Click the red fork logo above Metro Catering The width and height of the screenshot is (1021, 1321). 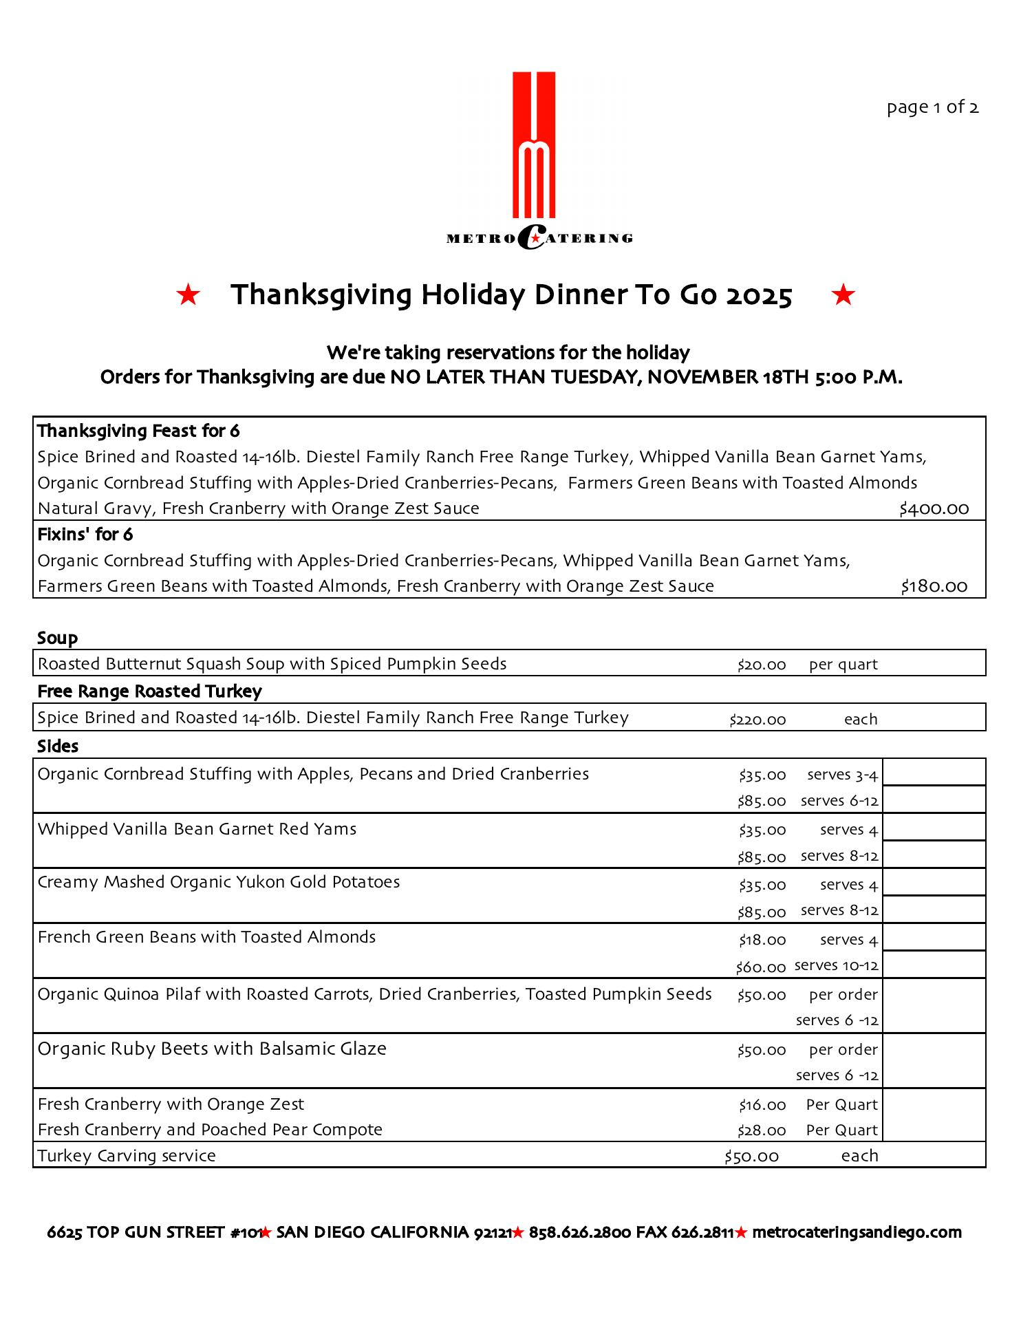(x=534, y=144)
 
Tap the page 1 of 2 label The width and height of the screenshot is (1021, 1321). (x=932, y=107)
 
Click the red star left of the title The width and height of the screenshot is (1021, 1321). (x=188, y=296)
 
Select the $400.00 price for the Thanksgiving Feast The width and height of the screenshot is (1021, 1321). (x=934, y=509)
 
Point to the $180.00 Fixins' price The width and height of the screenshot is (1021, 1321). (x=934, y=587)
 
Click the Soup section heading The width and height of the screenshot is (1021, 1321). (x=58, y=638)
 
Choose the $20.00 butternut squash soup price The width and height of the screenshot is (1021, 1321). (x=762, y=665)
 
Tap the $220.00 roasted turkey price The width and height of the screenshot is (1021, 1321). (x=757, y=720)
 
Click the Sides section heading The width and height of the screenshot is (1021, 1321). (x=58, y=746)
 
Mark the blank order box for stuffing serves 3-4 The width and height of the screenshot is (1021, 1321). (x=934, y=772)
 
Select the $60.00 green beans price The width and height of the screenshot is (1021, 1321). (x=760, y=967)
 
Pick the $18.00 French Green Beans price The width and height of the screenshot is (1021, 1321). (x=762, y=940)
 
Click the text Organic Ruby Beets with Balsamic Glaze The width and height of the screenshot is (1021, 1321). (x=212, y=1049)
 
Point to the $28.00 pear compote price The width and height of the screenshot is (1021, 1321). (x=762, y=1130)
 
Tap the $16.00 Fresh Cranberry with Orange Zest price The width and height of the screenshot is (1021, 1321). (x=762, y=1105)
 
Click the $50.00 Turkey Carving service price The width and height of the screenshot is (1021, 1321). (x=751, y=1157)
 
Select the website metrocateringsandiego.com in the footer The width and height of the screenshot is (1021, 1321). (x=857, y=1232)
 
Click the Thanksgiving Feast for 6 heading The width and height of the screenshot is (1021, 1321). (x=138, y=431)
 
